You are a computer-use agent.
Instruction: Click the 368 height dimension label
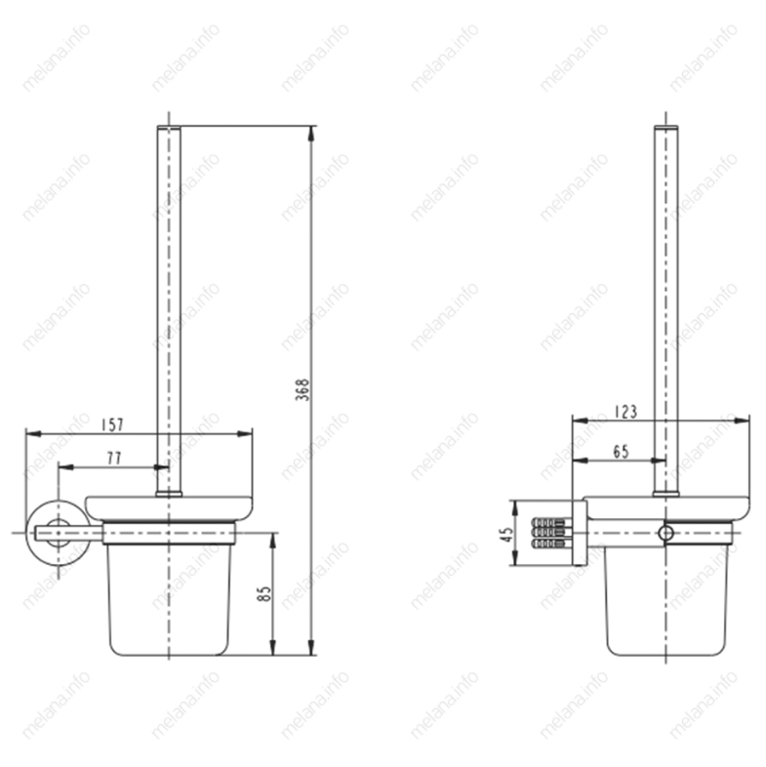302,390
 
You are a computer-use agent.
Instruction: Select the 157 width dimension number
112,424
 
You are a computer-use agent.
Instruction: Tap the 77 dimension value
114,459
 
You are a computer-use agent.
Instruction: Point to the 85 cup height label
263,594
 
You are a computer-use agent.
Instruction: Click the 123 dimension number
626,412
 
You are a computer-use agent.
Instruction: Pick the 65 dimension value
621,451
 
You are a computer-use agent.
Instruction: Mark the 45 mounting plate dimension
508,534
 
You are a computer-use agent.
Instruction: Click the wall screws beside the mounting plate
551,532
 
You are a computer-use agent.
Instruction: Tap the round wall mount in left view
58,533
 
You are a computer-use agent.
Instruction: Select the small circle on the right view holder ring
665,533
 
